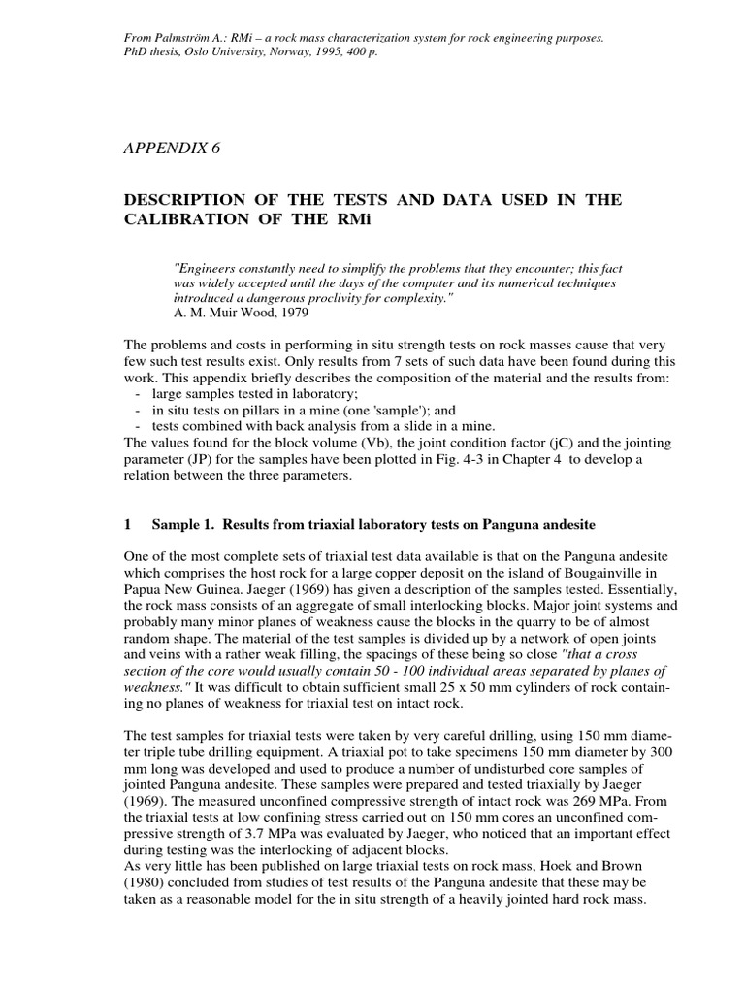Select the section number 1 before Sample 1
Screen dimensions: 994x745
[128, 524]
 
